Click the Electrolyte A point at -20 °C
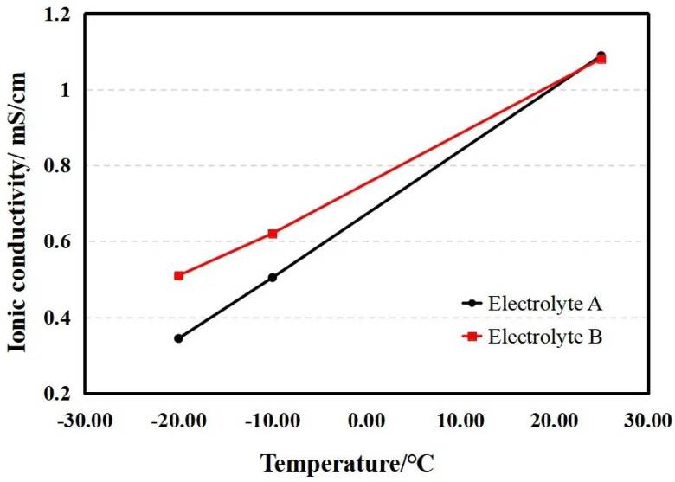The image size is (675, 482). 178,338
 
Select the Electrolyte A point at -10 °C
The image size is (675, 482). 273,278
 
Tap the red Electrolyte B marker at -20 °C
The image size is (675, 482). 178,276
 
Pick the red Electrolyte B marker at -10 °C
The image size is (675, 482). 273,234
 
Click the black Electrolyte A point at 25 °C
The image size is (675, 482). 601,55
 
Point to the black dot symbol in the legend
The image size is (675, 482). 472,304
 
